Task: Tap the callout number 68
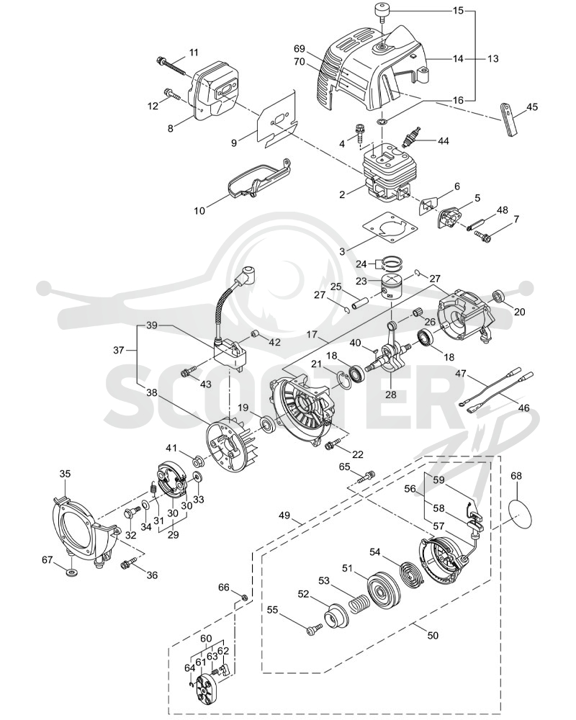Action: coord(516,475)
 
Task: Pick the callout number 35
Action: coord(66,474)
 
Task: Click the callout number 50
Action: coord(433,636)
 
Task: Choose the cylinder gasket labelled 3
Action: coord(391,228)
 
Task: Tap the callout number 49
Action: coord(284,516)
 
